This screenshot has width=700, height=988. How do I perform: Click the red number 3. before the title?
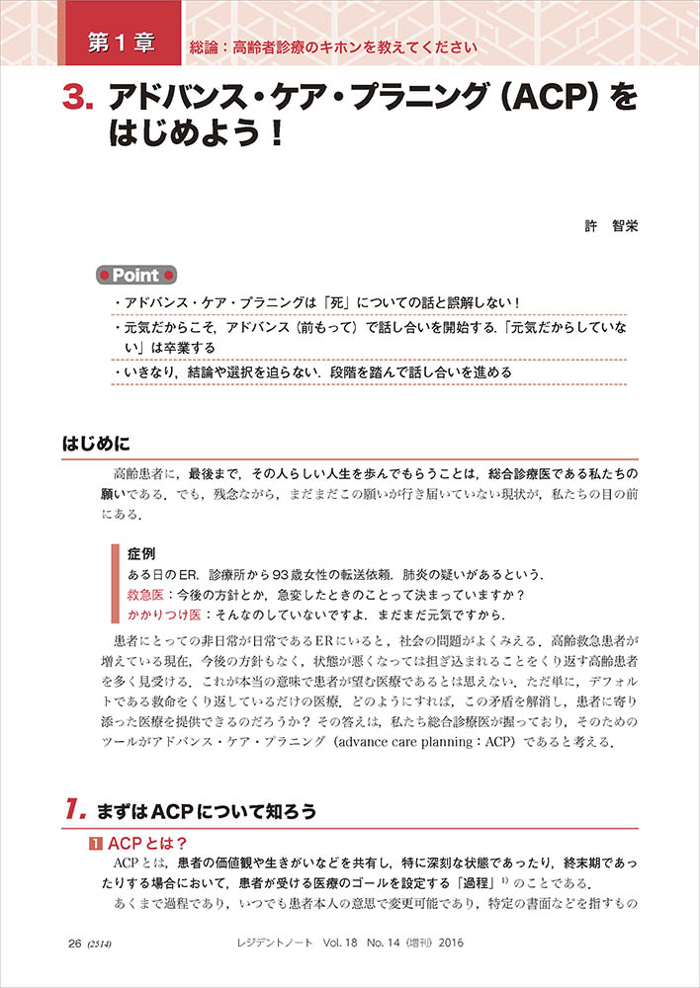[78, 98]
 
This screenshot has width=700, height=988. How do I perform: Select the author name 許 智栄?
[612, 226]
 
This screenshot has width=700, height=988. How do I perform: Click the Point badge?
[137, 274]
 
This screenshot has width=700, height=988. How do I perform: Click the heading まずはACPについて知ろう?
[207, 812]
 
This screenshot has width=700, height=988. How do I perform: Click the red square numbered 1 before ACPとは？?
[97, 843]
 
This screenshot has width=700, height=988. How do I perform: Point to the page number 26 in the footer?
[74, 944]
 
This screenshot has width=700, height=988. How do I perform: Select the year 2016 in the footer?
[448, 944]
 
